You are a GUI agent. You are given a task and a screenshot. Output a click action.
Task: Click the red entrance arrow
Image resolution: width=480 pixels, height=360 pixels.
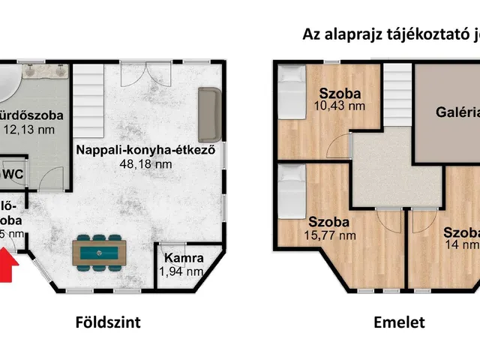7,267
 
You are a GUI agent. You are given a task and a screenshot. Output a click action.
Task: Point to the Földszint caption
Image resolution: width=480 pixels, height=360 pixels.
108,323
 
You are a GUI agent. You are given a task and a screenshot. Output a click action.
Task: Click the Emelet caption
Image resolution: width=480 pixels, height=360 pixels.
399,323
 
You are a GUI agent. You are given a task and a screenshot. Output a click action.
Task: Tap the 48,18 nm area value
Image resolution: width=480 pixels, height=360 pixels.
146,163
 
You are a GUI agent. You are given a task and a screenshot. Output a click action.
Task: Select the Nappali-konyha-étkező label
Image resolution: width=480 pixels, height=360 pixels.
146,149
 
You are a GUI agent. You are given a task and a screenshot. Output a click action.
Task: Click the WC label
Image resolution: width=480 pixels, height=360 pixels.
11,174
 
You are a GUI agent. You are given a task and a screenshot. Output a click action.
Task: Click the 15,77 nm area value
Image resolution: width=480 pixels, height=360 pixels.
331,235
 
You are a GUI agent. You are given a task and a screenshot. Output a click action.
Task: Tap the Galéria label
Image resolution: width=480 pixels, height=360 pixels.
457,113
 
